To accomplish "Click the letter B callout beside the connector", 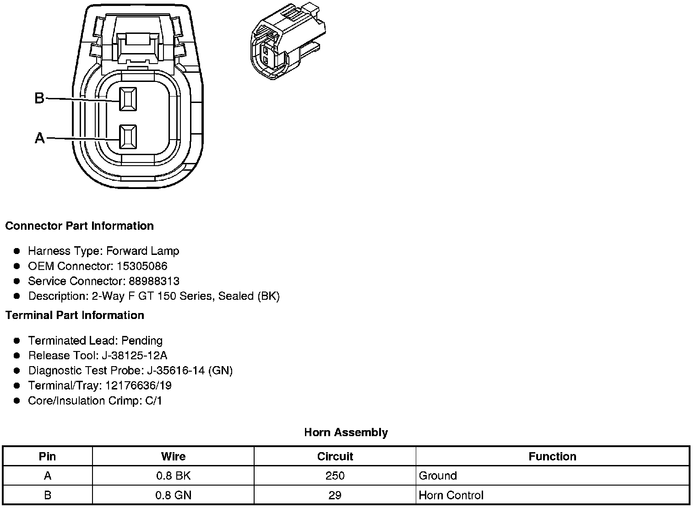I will tap(39, 98).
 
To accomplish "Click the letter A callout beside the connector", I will tap(40, 138).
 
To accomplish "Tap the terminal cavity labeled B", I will tap(128, 99).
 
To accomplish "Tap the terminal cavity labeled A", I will tap(128, 137).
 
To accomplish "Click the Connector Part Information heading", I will tap(79, 226).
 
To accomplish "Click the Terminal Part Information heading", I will tap(75, 315).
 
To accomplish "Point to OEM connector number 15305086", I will tap(142, 266).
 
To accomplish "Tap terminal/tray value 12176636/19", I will tap(138, 386).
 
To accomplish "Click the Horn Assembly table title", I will tap(346, 432).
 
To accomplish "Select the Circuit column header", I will tap(335, 457).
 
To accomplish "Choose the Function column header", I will tap(552, 457).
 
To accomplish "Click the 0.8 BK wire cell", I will tap(173, 476).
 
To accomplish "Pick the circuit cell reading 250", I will tap(335, 476).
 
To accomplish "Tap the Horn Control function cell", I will tap(451, 495).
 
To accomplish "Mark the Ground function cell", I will tap(438, 476).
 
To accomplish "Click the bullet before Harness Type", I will tap(17, 251).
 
